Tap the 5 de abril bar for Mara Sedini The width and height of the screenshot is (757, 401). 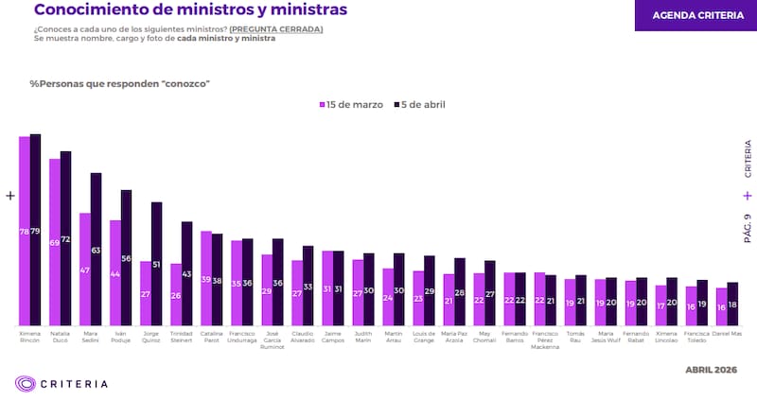(96, 250)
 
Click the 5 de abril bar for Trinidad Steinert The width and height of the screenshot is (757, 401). (186, 274)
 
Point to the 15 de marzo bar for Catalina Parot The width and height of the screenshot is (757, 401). (206, 278)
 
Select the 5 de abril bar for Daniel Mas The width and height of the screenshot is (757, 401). (732, 304)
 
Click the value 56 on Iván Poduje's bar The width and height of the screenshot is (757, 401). (126, 258)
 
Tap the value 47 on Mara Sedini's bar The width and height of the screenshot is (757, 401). (85, 270)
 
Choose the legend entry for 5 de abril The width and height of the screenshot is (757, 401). (418, 104)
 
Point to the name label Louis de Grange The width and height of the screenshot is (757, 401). (424, 337)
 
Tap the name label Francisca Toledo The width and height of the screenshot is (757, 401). (696, 337)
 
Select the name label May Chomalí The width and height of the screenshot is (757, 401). (484, 337)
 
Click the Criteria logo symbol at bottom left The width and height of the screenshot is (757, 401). (26, 383)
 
